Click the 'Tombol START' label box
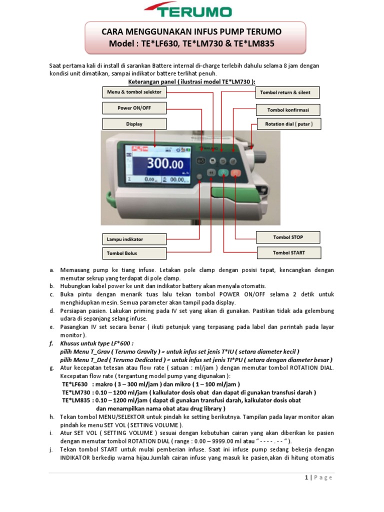click(288, 252)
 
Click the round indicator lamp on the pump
click(199, 177)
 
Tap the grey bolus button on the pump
click(211, 172)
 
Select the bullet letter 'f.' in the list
click(51, 344)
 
